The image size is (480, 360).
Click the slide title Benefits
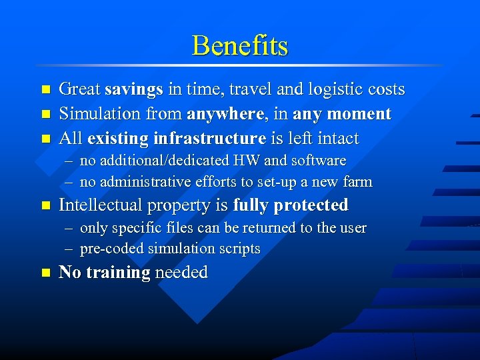(x=240, y=45)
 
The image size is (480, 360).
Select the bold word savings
(x=134, y=89)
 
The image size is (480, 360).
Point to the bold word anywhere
(x=225, y=114)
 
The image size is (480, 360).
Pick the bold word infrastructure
(x=209, y=139)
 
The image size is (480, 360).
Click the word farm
(x=357, y=182)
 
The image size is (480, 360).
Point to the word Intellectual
(x=100, y=205)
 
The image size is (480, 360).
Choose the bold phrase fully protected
(x=291, y=205)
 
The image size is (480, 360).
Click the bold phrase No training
(x=105, y=273)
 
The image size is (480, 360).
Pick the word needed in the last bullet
(x=181, y=273)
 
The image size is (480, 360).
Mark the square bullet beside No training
(x=45, y=273)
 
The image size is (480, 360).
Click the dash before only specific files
(x=69, y=228)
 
